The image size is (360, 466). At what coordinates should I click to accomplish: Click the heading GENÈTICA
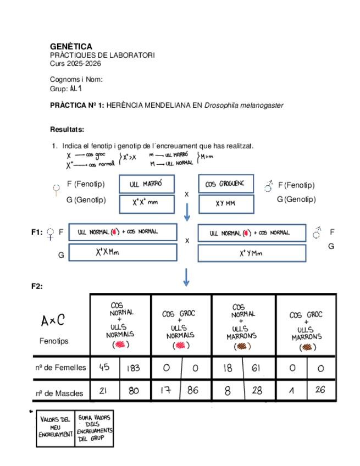pos(71,47)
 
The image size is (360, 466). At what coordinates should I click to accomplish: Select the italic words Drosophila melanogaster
pos(243,105)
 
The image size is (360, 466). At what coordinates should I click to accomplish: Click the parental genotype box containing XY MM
pos(225,203)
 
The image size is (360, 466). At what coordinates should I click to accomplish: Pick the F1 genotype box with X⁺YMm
pos(251,253)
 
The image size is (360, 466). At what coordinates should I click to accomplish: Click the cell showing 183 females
pos(134,368)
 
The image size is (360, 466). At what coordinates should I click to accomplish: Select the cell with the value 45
pos(104,368)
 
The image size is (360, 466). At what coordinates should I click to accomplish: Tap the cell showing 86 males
pos(196,392)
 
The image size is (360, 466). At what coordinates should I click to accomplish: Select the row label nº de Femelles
pos(60,368)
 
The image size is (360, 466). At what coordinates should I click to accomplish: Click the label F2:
pos(37,286)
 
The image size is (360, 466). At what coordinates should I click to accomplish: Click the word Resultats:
pos(67,130)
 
